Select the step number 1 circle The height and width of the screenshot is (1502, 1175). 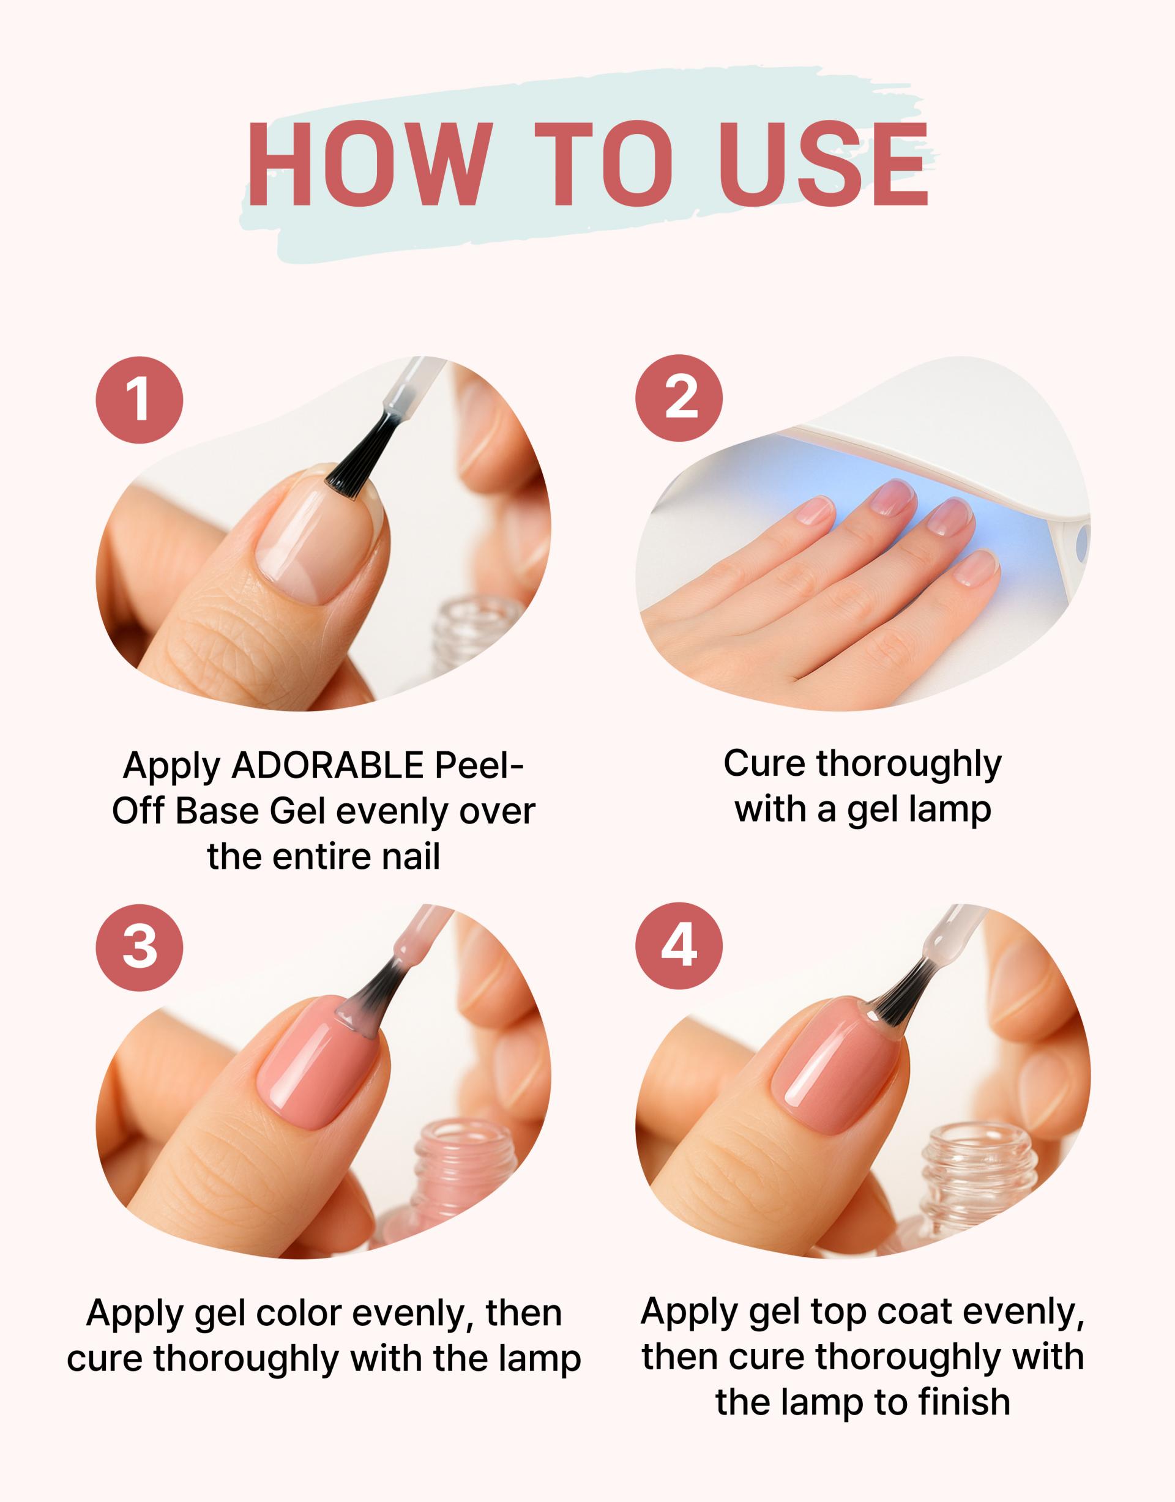[140, 400]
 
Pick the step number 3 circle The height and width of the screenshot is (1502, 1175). [140, 947]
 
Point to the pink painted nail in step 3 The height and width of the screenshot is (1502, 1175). [318, 1076]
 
